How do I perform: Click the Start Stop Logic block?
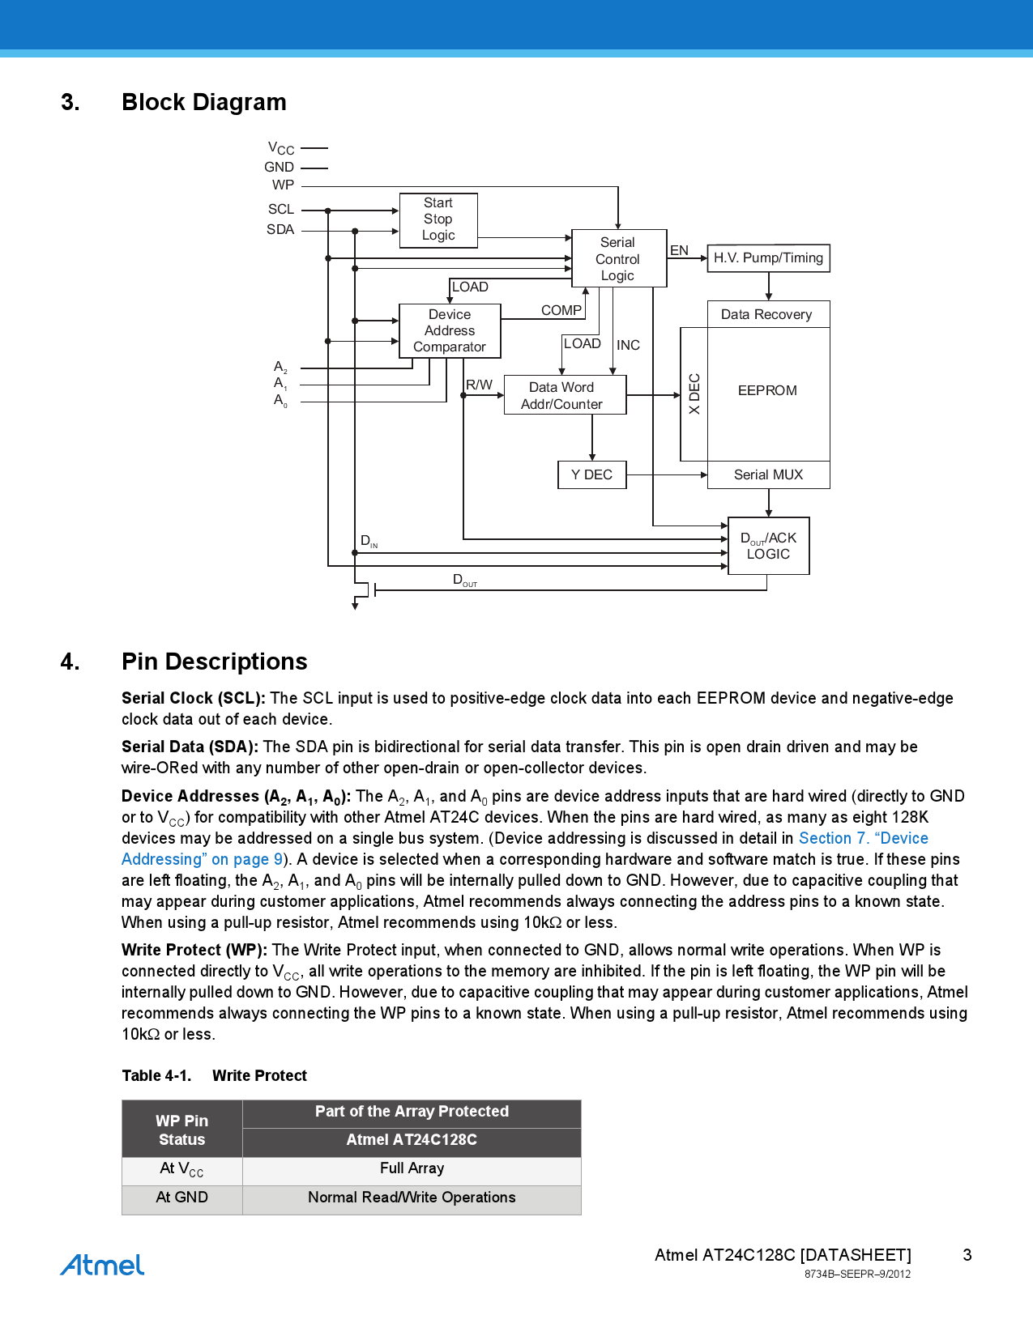pyautogui.click(x=438, y=219)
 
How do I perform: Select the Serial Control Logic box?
pyautogui.click(x=618, y=259)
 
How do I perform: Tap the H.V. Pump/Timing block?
pyautogui.click(x=768, y=258)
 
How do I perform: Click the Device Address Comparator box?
pyautogui.click(x=450, y=331)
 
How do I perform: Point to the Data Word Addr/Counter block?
pyautogui.click(x=564, y=395)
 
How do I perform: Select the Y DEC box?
pyautogui.click(x=591, y=474)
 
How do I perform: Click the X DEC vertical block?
pyautogui.click(x=694, y=394)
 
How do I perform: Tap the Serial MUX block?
pyautogui.click(x=768, y=474)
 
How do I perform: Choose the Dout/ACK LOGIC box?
pyautogui.click(x=768, y=546)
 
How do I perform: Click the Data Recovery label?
pyautogui.click(x=766, y=314)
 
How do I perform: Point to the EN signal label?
pyautogui.click(x=679, y=250)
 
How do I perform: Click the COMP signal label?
pyautogui.click(x=561, y=310)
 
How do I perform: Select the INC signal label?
pyautogui.click(x=628, y=345)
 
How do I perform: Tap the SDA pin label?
pyautogui.click(x=280, y=230)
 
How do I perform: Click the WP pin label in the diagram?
pyautogui.click(x=283, y=185)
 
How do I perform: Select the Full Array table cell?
pyautogui.click(x=412, y=1168)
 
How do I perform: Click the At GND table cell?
pyautogui.click(x=181, y=1198)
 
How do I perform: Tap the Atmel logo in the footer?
pyautogui.click(x=102, y=1265)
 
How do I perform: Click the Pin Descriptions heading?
pyautogui.click(x=214, y=662)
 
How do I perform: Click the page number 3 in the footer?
pyautogui.click(x=967, y=1255)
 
